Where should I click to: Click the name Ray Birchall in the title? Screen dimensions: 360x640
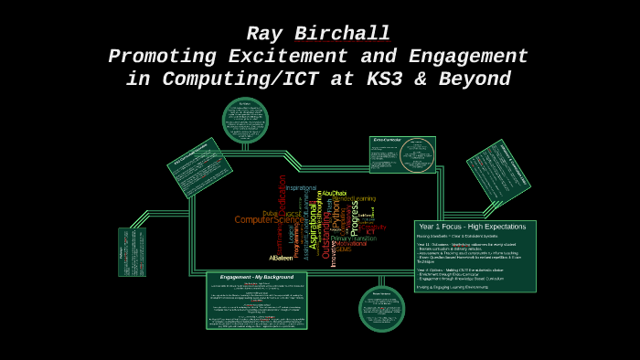[318, 34]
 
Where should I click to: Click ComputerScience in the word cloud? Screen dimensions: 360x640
[267, 219]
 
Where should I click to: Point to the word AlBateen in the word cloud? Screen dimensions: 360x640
[281, 258]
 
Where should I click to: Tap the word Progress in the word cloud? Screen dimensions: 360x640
[355, 218]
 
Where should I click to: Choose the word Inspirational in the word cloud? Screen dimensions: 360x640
[301, 188]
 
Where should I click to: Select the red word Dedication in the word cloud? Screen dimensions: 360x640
[283, 196]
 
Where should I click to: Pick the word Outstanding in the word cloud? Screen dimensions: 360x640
[326, 235]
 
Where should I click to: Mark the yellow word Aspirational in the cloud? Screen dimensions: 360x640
[314, 227]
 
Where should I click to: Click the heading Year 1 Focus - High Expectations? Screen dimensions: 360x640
[472, 227]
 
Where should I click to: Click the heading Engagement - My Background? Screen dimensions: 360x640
[256, 276]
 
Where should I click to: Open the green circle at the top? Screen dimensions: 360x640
[245, 120]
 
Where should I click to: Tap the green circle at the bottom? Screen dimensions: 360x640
[381, 308]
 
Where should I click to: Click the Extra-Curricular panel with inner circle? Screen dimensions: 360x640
[402, 154]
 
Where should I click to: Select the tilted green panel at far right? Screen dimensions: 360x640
[498, 171]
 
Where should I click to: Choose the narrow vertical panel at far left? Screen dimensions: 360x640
[132, 251]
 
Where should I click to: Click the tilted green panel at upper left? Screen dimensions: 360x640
[199, 167]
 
